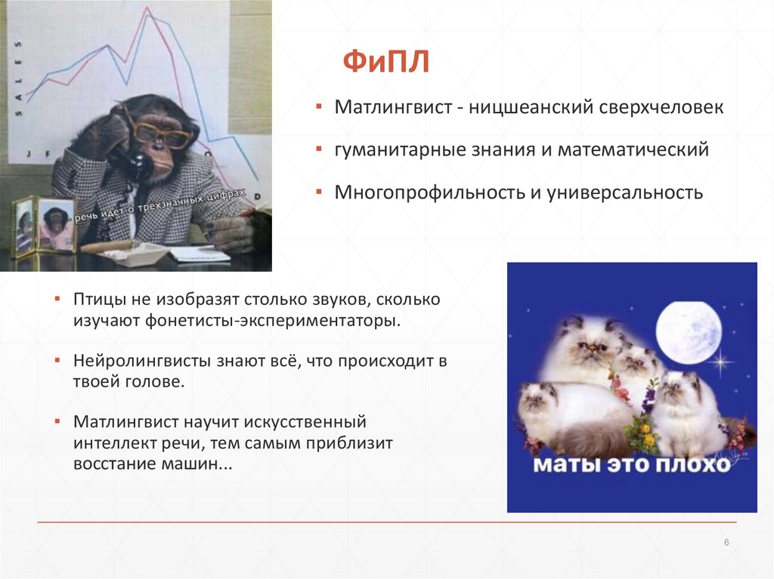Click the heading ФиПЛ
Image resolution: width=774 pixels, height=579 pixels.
(x=386, y=62)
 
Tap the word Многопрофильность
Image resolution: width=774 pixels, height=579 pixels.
(x=430, y=192)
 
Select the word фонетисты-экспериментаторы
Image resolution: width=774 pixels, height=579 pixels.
(x=272, y=321)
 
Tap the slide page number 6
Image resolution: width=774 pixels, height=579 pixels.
(x=726, y=543)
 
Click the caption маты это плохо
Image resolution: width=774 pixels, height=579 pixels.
(x=632, y=464)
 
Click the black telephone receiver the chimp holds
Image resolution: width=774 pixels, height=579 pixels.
(x=133, y=163)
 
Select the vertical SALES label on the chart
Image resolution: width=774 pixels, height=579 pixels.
(x=19, y=79)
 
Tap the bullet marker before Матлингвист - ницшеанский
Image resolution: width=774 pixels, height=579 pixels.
(x=320, y=106)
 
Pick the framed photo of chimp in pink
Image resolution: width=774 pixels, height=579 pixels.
(x=55, y=224)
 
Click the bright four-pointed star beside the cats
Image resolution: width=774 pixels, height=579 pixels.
(x=722, y=362)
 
